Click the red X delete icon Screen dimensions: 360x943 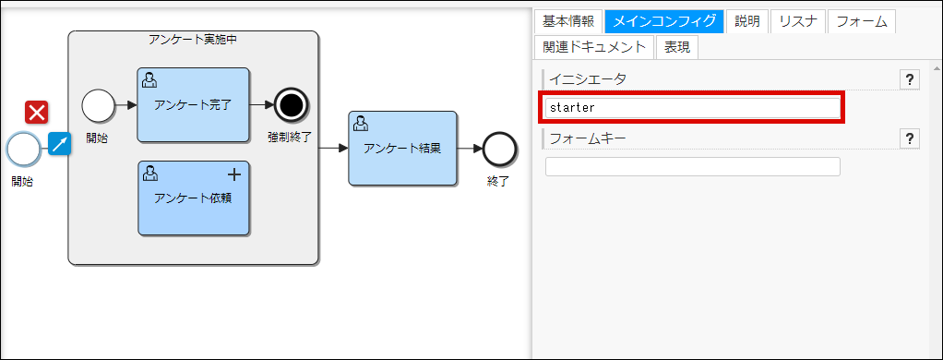[x=37, y=113]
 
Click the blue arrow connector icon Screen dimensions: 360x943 [x=60, y=144]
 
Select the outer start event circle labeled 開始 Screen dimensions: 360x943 [x=23, y=148]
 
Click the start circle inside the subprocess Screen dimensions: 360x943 [x=97, y=105]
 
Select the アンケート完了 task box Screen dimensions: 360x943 [x=193, y=104]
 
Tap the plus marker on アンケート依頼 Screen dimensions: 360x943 [x=234, y=174]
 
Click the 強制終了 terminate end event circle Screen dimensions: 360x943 [x=291, y=105]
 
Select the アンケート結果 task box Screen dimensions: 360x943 [x=402, y=148]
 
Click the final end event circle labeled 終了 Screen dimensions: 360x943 [x=499, y=148]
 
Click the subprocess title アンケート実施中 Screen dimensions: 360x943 [x=193, y=40]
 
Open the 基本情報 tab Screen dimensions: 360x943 [x=568, y=21]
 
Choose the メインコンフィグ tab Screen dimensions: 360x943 [x=663, y=21]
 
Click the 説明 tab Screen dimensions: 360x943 [x=746, y=21]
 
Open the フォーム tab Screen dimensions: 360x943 [x=861, y=21]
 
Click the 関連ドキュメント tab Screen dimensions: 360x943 [x=595, y=47]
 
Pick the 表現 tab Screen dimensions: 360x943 [x=677, y=47]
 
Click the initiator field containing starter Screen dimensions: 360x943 [x=692, y=107]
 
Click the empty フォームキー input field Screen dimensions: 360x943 [x=692, y=166]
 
